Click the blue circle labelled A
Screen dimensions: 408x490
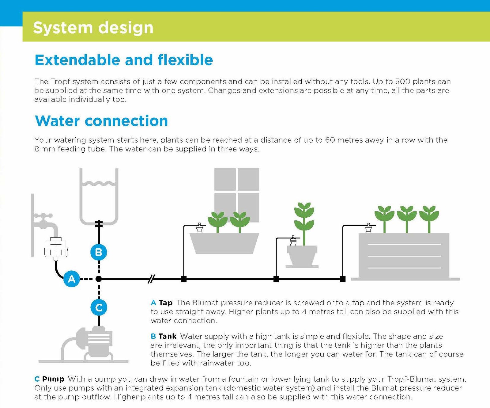click(x=71, y=279)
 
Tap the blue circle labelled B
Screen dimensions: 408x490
click(x=99, y=252)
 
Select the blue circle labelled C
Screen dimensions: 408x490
click(x=99, y=307)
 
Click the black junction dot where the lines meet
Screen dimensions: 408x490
click(x=99, y=279)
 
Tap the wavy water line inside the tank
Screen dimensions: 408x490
click(x=99, y=184)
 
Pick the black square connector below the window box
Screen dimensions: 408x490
click(x=184, y=279)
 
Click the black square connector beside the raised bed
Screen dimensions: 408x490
click(x=343, y=279)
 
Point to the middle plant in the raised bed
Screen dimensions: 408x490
click(x=407, y=218)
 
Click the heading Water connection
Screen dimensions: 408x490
click(x=101, y=121)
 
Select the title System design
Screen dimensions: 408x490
click(x=93, y=28)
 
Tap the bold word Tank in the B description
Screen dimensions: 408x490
click(x=168, y=336)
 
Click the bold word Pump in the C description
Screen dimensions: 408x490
click(x=53, y=379)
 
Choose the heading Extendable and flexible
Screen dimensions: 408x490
click(x=124, y=60)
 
